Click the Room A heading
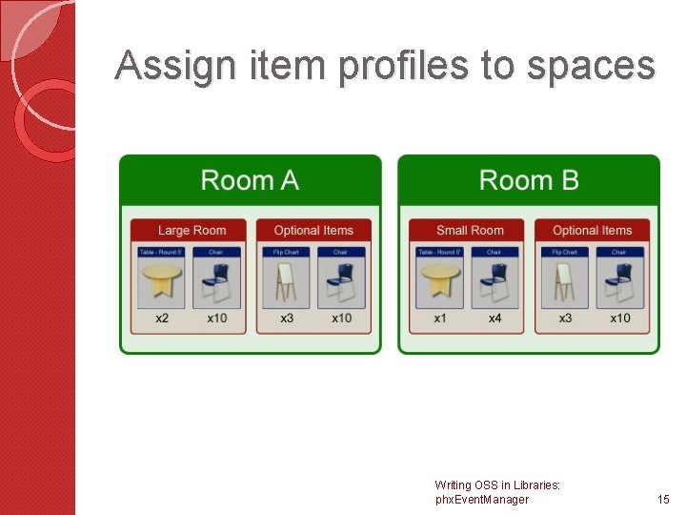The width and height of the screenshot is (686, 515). pos(250,180)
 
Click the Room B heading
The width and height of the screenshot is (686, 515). pos(529,180)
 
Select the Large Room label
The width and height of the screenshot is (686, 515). pos(191,230)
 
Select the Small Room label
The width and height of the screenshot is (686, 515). pos(469,230)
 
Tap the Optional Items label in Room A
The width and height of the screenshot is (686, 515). pos(313,230)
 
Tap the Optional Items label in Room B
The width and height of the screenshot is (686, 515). pos(592,230)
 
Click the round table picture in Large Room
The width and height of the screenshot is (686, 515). pos(161,282)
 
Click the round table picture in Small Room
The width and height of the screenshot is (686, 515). pos(439,282)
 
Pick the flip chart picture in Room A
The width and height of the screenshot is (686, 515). pos(285,282)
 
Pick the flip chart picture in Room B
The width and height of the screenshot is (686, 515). pos(564,282)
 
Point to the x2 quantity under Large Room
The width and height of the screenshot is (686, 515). pos(162,318)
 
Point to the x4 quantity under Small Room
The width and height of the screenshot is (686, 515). pos(494,318)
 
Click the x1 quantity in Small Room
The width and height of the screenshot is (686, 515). pos(440,318)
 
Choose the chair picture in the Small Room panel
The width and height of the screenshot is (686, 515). pos(494,282)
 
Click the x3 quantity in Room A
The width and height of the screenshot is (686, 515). pos(286,318)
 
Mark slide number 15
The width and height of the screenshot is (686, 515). pos(663,499)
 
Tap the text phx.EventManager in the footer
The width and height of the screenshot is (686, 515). pos(481,499)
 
